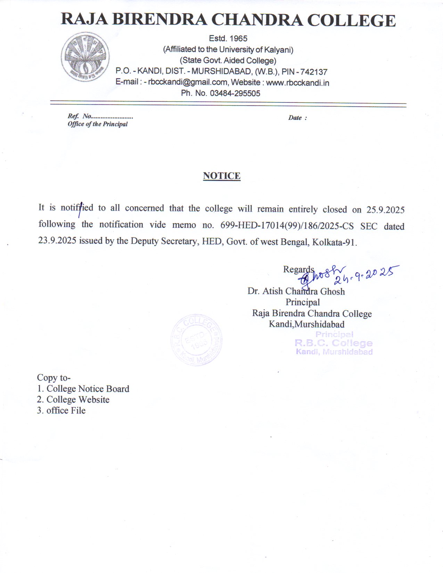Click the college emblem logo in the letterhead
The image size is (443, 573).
pyautogui.click(x=85, y=57)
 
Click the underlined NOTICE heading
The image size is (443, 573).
pyautogui.click(x=222, y=176)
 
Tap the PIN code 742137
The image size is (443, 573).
pyautogui.click(x=314, y=72)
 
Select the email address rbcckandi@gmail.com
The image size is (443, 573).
pyautogui.click(x=188, y=83)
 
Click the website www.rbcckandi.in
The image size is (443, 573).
pyautogui.click(x=297, y=83)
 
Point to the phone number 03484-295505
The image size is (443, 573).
pyautogui.click(x=235, y=93)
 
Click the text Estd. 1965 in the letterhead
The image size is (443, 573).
pyautogui.click(x=228, y=39)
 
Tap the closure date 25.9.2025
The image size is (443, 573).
pyautogui.click(x=385, y=210)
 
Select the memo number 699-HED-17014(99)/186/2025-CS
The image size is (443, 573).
pyautogui.click(x=287, y=226)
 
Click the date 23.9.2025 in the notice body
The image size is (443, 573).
pyautogui.click(x=57, y=241)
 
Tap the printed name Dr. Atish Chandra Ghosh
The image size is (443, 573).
pyautogui.click(x=296, y=291)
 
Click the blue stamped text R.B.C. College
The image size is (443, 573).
pyautogui.click(x=333, y=343)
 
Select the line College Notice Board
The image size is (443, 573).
pyautogui.click(x=88, y=389)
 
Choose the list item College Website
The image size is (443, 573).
pyautogui.click(x=78, y=400)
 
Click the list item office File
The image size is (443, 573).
pyautogui.click(x=66, y=410)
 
